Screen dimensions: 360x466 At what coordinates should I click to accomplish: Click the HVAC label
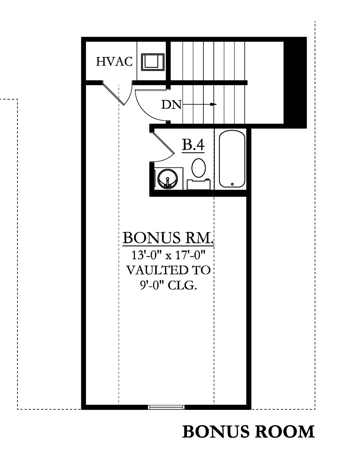(x=114, y=62)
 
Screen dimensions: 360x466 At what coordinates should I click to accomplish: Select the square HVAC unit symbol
(x=153, y=62)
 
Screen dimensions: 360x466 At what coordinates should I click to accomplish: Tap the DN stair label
(x=171, y=105)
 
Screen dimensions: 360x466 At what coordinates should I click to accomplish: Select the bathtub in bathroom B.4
(x=232, y=159)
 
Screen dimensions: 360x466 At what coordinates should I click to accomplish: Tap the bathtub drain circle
(x=232, y=184)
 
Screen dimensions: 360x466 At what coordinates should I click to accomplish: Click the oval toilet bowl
(x=199, y=168)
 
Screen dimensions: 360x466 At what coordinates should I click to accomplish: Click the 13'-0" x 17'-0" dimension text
(x=168, y=255)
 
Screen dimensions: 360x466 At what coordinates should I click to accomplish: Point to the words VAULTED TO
(x=168, y=270)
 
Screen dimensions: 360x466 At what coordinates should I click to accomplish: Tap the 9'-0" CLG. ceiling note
(x=168, y=285)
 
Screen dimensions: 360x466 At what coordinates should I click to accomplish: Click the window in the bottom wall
(x=166, y=407)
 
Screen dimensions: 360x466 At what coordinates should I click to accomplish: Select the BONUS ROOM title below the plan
(x=248, y=432)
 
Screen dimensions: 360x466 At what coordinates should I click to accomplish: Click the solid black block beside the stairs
(x=295, y=83)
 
